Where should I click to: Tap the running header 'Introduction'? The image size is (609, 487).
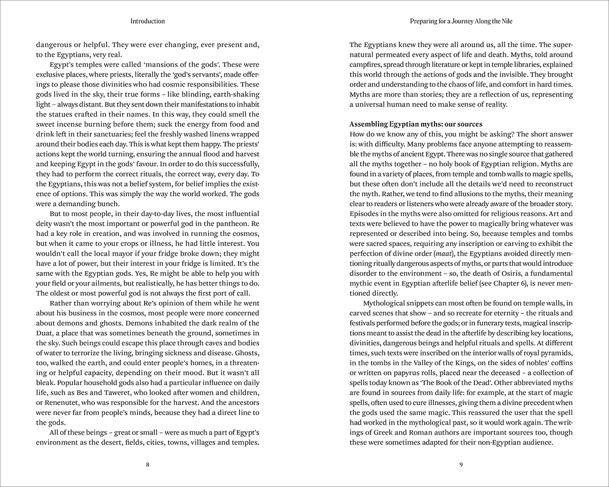[147, 21]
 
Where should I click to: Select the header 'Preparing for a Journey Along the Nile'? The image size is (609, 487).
[461, 21]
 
